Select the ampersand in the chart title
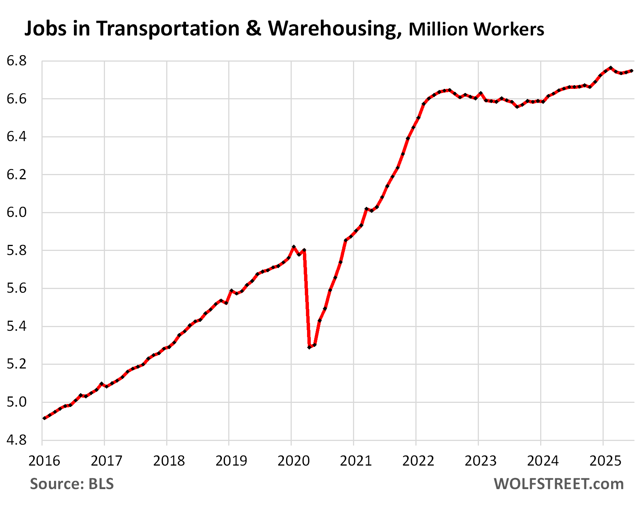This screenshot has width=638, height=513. coord(254,28)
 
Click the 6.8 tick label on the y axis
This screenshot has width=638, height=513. coord(17,61)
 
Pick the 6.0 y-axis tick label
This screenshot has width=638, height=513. coord(17,212)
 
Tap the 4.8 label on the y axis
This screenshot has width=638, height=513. coord(17,440)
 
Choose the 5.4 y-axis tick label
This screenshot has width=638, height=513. coord(17,326)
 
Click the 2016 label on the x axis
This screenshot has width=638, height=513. coord(44,461)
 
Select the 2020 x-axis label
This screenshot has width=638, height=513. coord(293,461)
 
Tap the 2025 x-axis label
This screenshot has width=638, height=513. coord(605,461)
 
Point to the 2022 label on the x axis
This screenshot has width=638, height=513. coord(418,461)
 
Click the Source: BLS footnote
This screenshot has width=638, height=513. coord(72,484)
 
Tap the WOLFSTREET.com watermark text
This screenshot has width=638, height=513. coord(558,484)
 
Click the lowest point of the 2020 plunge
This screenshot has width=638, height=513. coord(309,347)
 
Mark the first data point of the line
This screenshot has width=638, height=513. coord(44,418)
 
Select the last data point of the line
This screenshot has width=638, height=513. coord(632,71)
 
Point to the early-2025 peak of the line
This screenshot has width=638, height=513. coord(610,68)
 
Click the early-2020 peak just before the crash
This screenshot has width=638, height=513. coord(294,247)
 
